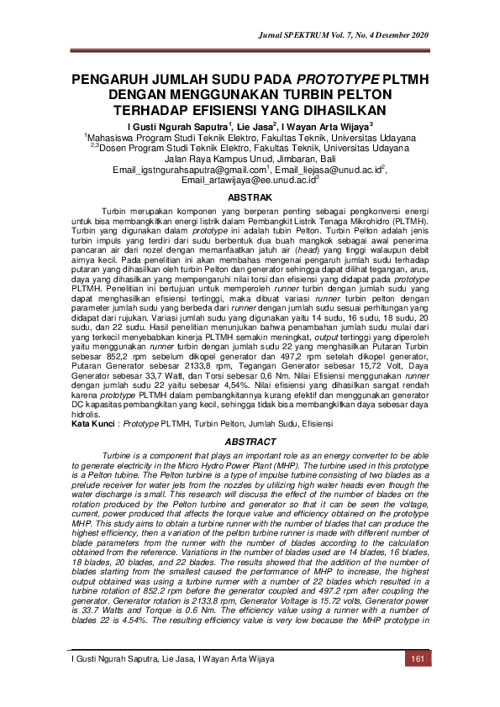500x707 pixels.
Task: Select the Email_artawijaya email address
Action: pyautogui.click(x=249, y=180)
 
